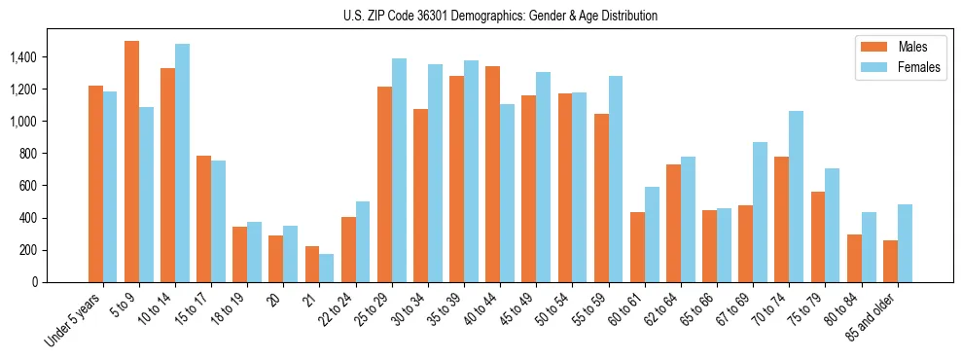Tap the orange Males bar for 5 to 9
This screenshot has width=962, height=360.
(x=131, y=162)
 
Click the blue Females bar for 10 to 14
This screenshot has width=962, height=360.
(x=183, y=162)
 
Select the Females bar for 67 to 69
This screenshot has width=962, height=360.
(x=760, y=212)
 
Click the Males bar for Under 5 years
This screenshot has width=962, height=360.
(x=95, y=184)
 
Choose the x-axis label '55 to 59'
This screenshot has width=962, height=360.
(x=589, y=309)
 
